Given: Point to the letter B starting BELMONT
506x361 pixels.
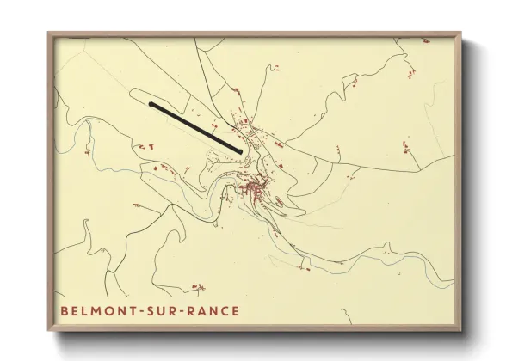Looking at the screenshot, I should [65, 310].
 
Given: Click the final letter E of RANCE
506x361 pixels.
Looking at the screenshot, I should [235, 310].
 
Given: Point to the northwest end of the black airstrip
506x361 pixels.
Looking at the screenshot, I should [151, 105].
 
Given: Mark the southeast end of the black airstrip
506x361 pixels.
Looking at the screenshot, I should [239, 151].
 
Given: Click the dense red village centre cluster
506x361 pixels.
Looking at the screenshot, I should [255, 189].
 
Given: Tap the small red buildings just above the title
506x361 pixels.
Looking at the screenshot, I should [199, 286].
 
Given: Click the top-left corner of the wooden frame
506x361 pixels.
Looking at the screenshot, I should [49, 34].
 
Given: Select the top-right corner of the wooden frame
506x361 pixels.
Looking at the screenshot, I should [460, 34].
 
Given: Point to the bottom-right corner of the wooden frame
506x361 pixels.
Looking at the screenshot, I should [460, 331].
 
